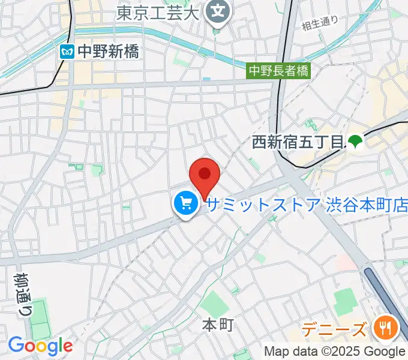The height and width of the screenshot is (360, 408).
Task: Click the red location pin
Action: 205,175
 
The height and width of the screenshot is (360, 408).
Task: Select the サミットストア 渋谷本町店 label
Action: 307,205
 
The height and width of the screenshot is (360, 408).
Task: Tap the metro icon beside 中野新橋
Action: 67,52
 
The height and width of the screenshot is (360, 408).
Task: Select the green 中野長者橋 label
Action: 280,71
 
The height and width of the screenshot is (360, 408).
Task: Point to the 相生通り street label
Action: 320,24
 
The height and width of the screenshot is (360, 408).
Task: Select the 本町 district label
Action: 217,325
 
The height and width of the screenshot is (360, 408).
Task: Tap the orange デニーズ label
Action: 334,329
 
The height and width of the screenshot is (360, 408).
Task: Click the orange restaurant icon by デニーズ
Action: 383,328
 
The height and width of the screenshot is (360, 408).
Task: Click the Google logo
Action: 40,346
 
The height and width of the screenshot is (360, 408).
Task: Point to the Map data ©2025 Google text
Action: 335,352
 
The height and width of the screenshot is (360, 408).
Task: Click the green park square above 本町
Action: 214,303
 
